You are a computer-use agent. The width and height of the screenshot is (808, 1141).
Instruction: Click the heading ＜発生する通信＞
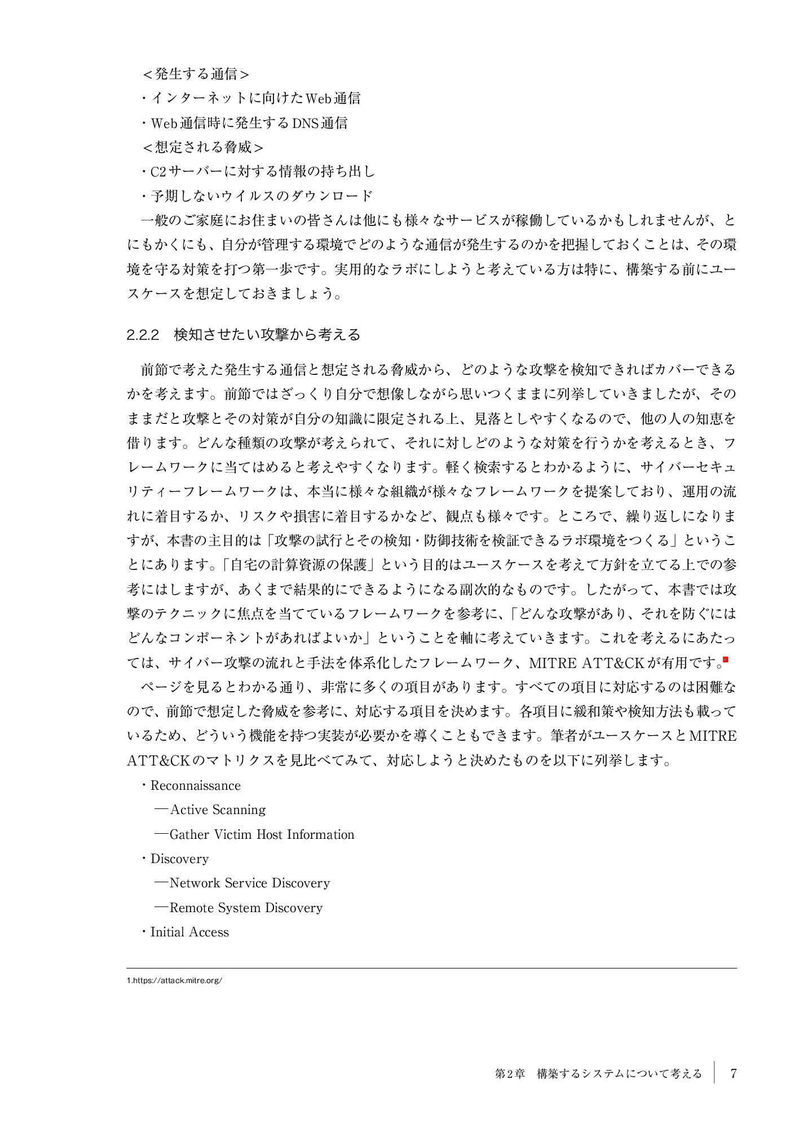196,74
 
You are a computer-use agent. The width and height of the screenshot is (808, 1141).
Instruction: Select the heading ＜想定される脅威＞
203,147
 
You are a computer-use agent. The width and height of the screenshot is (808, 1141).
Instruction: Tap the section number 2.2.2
142,335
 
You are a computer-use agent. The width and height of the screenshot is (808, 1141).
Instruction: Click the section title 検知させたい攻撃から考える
267,335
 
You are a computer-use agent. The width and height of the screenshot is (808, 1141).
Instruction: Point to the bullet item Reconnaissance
195,785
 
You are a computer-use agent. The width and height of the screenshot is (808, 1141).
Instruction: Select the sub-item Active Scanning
218,810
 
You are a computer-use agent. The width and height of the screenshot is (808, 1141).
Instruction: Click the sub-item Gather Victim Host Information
262,834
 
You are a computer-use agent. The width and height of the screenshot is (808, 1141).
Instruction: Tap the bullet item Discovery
179,859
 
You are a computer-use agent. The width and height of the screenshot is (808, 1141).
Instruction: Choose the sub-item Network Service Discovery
249,883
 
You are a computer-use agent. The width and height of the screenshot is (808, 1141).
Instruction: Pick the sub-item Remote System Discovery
246,908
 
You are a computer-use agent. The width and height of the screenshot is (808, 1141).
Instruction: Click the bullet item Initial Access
189,932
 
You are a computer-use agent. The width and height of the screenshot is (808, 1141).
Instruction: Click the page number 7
733,1073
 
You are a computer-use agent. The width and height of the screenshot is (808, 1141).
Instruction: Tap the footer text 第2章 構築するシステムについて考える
598,1074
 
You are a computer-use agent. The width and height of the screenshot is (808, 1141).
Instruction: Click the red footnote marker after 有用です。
725,659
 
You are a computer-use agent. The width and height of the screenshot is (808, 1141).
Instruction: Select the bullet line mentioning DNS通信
249,123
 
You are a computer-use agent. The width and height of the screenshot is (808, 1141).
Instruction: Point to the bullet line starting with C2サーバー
262,171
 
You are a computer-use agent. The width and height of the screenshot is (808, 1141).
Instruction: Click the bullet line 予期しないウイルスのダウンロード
262,196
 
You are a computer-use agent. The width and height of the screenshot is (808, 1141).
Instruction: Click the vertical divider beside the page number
714,1073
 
